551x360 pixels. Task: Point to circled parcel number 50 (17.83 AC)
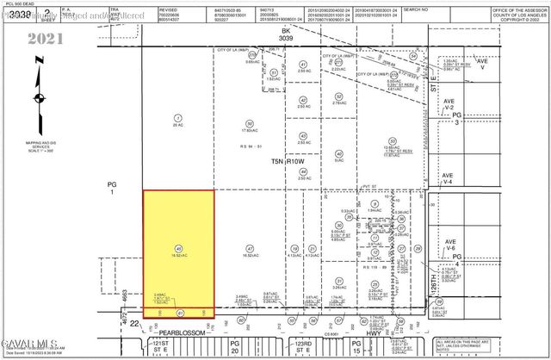click(250, 122)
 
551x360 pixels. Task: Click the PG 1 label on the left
click(112, 187)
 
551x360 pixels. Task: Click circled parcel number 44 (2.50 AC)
click(303, 171)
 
